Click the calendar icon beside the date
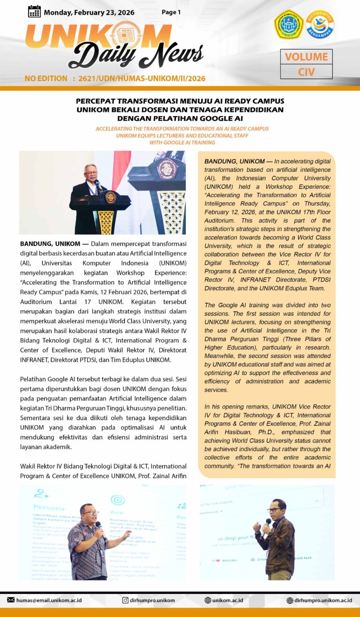click(x=34, y=12)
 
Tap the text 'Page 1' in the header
click(x=171, y=12)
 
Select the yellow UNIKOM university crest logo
click(x=289, y=24)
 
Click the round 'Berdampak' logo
click(x=320, y=24)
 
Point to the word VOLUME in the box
click(x=307, y=57)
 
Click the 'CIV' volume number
click(x=307, y=72)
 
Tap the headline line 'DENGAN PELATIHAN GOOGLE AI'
click(x=180, y=118)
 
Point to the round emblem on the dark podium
click(x=111, y=197)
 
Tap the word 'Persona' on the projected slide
click(x=49, y=507)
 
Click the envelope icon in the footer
click(x=11, y=600)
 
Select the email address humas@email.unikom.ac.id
click(x=49, y=600)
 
